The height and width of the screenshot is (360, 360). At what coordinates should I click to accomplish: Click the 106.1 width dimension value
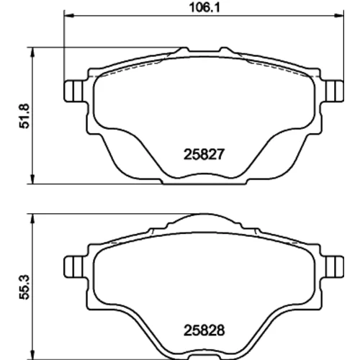coord(204,8)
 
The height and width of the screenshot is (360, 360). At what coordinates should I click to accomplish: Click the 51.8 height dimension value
coord(24,116)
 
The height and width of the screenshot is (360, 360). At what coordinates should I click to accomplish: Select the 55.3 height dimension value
coord(24,287)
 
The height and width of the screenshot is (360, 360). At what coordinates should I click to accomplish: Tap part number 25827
coord(204,154)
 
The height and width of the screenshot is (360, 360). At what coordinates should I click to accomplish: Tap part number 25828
coord(204,330)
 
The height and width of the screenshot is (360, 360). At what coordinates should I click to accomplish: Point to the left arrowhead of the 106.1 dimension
coord(69,16)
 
